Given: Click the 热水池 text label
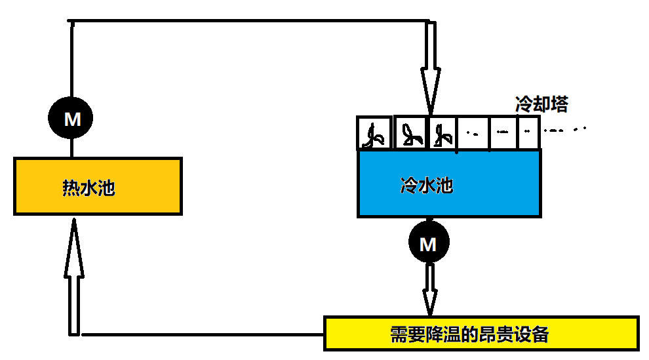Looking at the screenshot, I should click(88, 188).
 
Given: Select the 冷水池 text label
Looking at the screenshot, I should click(427, 186).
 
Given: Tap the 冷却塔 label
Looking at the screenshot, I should click(541, 104).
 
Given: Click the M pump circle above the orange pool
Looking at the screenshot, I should click(71, 119).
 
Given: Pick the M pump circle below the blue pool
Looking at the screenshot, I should click(428, 244).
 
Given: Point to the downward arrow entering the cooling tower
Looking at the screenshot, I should click(430, 72).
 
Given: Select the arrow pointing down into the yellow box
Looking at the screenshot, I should click(430, 289).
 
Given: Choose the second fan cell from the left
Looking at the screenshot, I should click(410, 133).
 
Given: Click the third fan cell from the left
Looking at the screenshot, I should click(442, 133).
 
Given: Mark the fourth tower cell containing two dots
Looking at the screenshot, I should click(473, 133).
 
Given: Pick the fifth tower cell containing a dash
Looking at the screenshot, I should click(503, 133).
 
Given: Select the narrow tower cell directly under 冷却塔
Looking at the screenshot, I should click(529, 133).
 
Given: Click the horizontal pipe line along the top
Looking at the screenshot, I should click(249, 22).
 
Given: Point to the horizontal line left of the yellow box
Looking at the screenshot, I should click(203, 334).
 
